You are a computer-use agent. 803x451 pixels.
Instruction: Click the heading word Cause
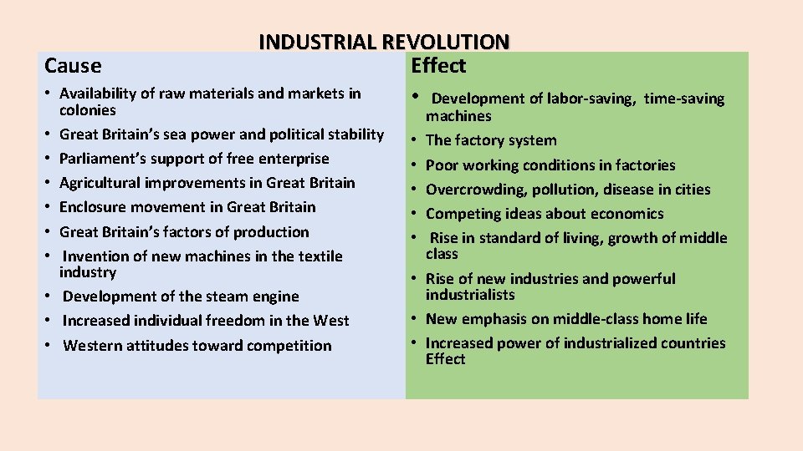click(x=73, y=65)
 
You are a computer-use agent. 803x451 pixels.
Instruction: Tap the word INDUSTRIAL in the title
click(x=318, y=42)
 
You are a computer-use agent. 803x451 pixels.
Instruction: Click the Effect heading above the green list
click(x=438, y=65)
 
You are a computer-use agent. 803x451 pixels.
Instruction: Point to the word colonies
click(x=88, y=110)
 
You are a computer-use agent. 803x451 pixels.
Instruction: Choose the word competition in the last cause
click(x=289, y=346)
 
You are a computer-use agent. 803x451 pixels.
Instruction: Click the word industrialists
click(x=470, y=295)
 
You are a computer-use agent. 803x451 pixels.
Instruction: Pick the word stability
click(x=352, y=134)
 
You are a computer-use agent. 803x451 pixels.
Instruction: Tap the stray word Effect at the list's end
click(x=445, y=359)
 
